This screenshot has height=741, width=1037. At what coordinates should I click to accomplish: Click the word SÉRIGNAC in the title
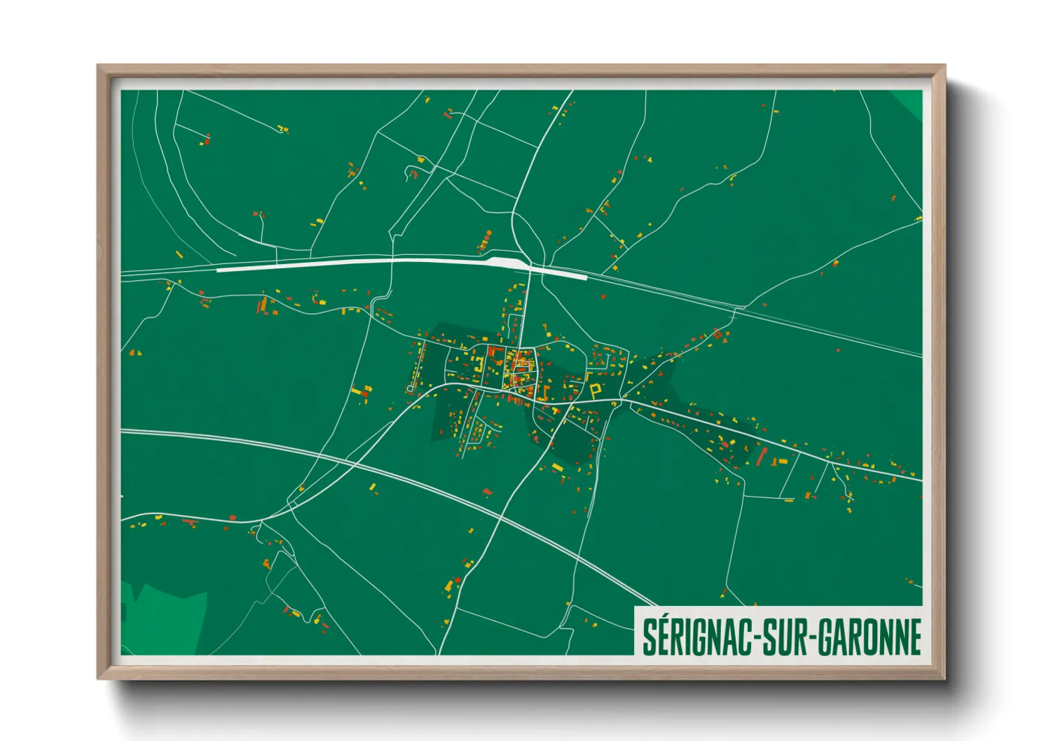pos(696,637)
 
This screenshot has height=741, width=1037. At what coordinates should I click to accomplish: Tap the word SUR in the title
pos(783,637)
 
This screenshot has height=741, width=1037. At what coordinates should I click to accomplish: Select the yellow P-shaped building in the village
pos(596,390)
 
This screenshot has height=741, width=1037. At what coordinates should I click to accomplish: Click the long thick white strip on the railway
pos(350,263)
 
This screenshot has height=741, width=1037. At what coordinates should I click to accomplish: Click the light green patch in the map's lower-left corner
pos(168,616)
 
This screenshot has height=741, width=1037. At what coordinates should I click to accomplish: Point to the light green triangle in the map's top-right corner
pos(912,102)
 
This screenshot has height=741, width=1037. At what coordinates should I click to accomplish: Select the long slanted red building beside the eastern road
pos(762,456)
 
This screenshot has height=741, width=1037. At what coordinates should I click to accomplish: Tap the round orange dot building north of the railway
pos(488,233)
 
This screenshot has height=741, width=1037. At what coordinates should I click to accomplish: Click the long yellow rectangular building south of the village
pos(557,467)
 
